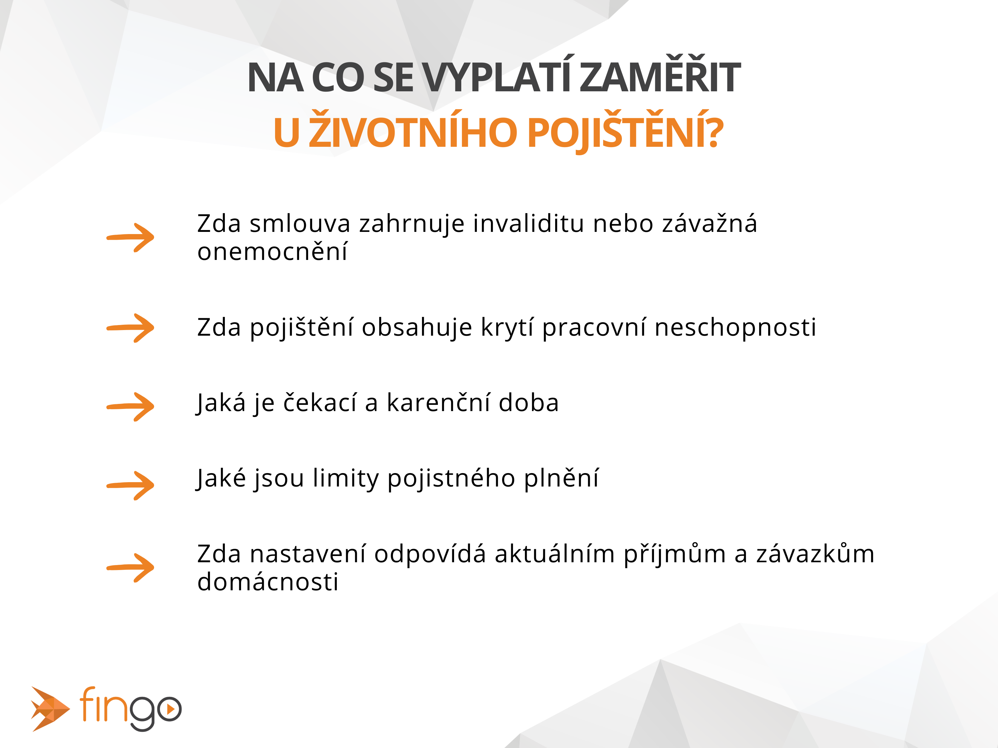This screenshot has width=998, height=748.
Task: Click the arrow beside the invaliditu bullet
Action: (130, 237)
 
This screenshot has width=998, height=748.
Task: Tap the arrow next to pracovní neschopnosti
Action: (130, 328)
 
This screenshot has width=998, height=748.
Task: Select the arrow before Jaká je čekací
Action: (130, 407)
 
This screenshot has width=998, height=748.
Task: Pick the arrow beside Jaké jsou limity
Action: (130, 486)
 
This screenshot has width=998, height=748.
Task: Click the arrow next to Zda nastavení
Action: (130, 568)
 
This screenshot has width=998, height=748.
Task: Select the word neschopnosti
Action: (735, 328)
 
